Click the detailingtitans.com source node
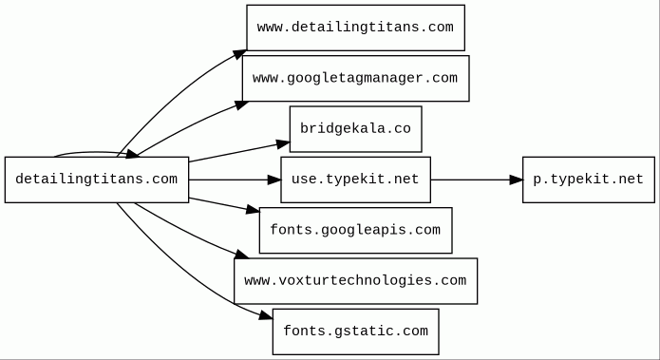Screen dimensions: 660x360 (97, 180)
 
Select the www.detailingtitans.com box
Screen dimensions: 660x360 (356, 28)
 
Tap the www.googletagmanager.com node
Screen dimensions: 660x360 (356, 78)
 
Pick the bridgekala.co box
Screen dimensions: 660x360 (356, 129)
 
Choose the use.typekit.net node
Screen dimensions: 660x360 (356, 180)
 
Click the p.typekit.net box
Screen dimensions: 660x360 (589, 180)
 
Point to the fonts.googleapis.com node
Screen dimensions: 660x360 (356, 230)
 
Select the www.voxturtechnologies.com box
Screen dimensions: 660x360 (356, 281)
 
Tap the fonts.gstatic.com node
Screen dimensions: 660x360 (356, 332)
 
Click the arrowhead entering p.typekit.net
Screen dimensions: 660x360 (516, 180)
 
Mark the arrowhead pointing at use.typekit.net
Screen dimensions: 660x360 (274, 180)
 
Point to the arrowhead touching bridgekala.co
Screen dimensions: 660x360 (283, 144)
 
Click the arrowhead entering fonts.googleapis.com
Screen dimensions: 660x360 (253, 209)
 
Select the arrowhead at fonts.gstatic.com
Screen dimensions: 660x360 (266, 315)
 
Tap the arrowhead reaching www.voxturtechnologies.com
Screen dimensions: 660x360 (242, 254)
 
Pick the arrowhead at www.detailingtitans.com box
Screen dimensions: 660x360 (239, 55)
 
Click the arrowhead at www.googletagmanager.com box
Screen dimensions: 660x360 (242, 104)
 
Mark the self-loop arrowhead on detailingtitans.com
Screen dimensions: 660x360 (132, 154)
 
